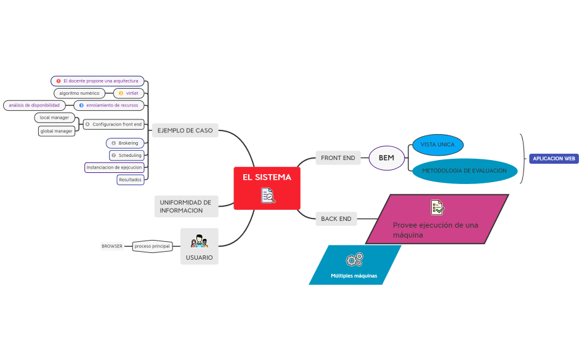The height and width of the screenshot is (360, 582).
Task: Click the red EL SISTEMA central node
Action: coord(267,188)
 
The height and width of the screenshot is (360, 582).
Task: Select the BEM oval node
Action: coord(386,158)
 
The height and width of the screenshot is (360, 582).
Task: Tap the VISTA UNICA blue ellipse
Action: coord(438,145)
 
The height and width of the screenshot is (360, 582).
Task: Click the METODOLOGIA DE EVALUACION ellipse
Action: coord(464,171)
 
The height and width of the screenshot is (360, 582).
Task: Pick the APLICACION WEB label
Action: coord(554,159)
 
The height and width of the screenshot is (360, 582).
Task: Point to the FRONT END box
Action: coord(337,158)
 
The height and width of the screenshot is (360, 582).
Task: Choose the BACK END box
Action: coord(336,218)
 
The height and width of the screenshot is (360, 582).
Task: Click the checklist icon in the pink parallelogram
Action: coord(437,207)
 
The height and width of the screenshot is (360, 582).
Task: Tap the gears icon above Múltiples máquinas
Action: coord(355,260)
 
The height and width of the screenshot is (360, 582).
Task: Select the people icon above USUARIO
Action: coord(200,241)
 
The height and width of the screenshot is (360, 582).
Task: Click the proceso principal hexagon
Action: coord(152,246)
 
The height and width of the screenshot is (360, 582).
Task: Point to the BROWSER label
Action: coord(111,246)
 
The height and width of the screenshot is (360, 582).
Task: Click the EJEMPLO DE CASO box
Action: coord(185,130)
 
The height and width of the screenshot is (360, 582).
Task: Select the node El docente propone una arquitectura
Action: coord(97,81)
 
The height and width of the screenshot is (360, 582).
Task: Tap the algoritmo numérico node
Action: coord(79,94)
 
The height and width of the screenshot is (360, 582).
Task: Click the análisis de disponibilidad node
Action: coord(34,105)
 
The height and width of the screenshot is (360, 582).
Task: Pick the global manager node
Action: coord(57,131)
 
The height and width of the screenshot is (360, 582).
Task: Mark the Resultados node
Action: coord(131,180)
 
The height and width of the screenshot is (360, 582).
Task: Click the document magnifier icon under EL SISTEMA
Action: coord(268,196)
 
